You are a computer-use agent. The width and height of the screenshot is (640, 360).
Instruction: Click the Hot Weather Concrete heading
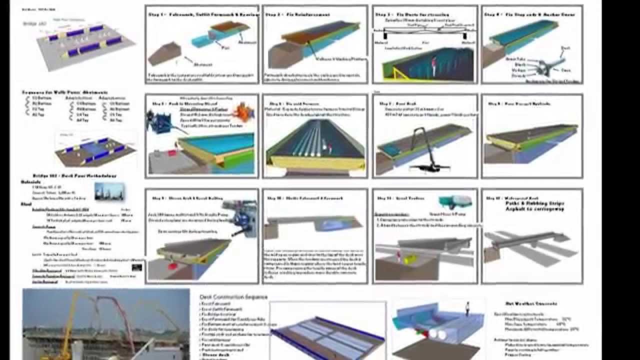click(539, 303)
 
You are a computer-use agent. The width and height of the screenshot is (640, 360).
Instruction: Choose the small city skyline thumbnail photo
click(109, 191)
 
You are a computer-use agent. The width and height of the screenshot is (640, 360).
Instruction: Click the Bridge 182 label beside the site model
click(30, 23)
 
